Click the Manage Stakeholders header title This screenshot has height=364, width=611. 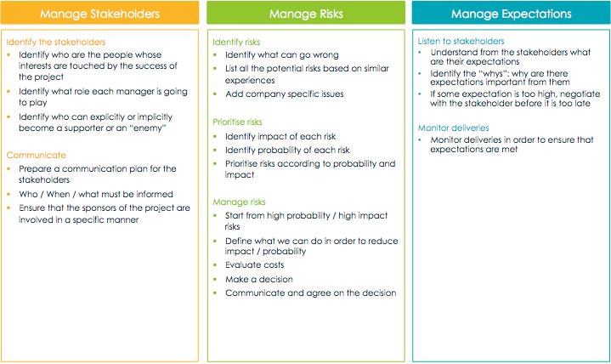(x=99, y=14)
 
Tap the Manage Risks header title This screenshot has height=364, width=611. (x=306, y=14)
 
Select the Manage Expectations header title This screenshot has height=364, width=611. (x=512, y=14)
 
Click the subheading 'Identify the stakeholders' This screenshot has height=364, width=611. (x=56, y=43)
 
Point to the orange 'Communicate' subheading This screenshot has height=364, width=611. (x=37, y=155)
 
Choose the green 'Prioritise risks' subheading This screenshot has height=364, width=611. (x=237, y=122)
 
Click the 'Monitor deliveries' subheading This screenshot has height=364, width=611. (x=453, y=128)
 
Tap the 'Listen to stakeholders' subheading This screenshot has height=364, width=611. (x=461, y=41)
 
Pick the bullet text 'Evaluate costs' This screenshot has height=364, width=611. (x=254, y=264)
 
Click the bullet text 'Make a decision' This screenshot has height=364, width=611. (x=258, y=279)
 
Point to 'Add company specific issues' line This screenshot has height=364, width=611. (x=285, y=94)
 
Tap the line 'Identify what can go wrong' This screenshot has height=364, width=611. (x=282, y=55)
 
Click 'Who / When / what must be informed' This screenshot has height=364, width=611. (x=96, y=194)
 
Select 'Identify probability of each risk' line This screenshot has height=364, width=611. (x=287, y=151)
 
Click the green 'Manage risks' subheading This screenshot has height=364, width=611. (x=239, y=202)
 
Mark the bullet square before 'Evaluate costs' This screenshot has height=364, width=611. (x=215, y=264)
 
